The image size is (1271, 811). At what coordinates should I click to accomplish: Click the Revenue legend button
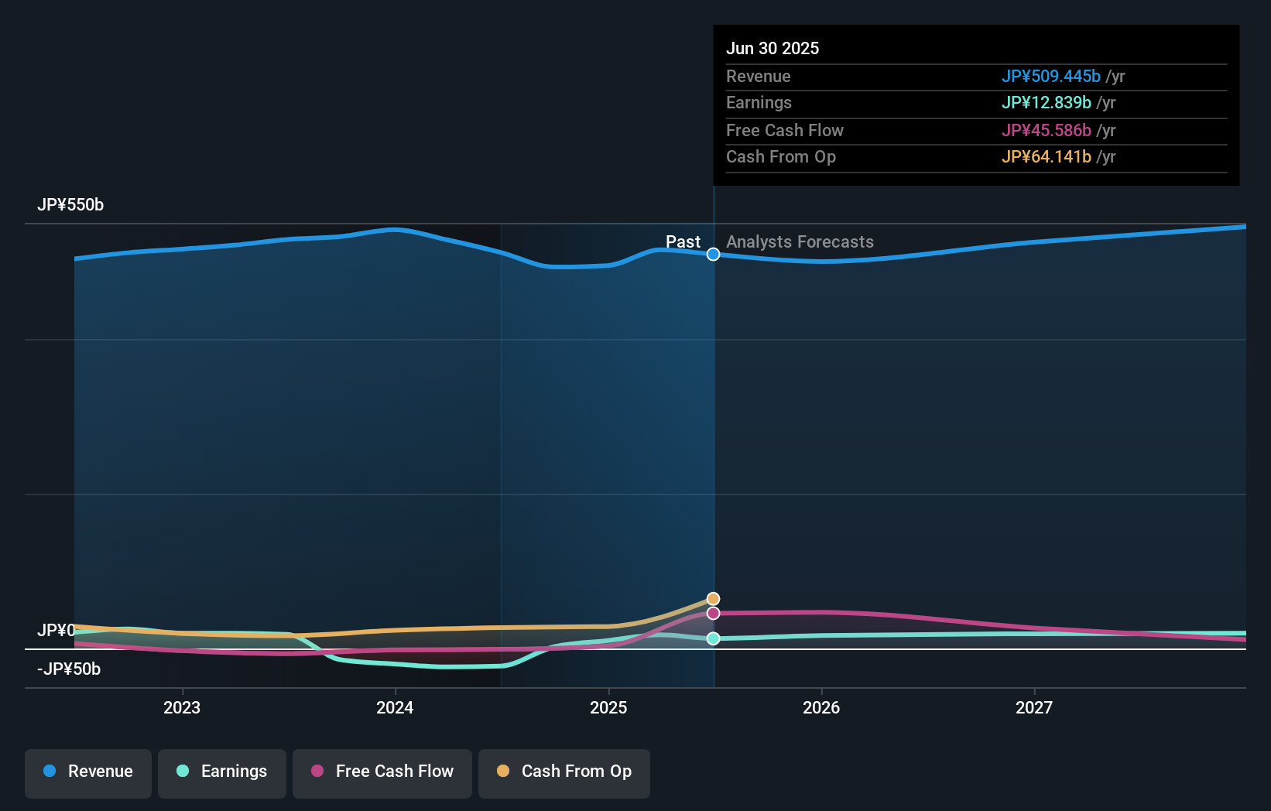click(88, 772)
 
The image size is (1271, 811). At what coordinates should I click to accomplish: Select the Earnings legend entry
click(222, 772)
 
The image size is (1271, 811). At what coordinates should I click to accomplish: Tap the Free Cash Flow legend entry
click(382, 772)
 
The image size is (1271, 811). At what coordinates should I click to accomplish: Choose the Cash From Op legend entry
click(564, 772)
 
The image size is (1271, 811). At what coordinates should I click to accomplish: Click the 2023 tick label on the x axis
click(182, 707)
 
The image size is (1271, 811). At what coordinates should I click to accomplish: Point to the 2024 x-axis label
click(395, 707)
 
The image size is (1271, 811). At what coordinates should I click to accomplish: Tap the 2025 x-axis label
click(608, 707)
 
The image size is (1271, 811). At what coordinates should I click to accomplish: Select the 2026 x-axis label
click(821, 707)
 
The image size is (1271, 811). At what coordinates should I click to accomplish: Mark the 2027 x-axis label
click(1034, 707)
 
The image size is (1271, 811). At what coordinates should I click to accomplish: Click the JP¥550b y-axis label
click(70, 205)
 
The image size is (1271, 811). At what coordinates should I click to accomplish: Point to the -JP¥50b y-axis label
click(69, 669)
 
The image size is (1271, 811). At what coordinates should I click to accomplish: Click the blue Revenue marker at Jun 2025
click(713, 255)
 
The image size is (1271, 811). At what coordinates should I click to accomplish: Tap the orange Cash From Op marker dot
click(713, 599)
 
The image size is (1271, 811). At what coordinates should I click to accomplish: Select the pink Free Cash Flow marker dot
click(713, 613)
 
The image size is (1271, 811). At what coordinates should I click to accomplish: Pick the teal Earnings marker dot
click(713, 638)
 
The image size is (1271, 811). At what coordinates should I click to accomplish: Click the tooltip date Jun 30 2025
click(773, 48)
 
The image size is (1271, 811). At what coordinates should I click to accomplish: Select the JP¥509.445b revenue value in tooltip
click(1050, 76)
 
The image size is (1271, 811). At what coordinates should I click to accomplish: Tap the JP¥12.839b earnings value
click(1046, 103)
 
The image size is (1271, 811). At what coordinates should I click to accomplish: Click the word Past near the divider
click(683, 242)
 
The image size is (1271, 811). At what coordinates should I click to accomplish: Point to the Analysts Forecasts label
click(800, 242)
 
